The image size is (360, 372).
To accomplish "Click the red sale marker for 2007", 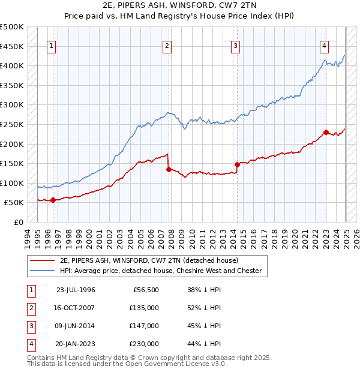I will point(169,169).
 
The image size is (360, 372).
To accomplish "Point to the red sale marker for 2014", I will point(237,164).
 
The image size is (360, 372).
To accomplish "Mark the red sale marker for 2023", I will point(326,132).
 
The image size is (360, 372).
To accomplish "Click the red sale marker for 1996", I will point(53,200).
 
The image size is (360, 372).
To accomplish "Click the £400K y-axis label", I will point(12,65).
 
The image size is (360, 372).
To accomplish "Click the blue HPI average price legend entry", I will point(161,271).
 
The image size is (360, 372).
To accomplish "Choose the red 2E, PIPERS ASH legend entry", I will point(149,260).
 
